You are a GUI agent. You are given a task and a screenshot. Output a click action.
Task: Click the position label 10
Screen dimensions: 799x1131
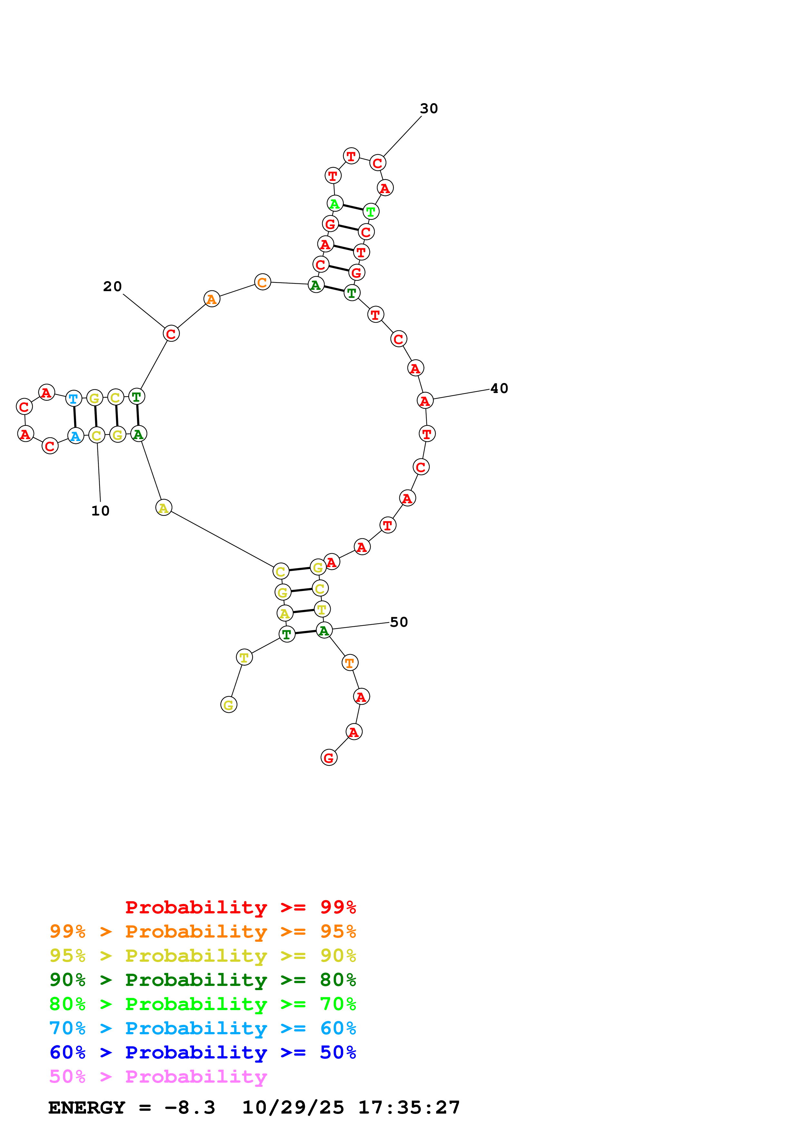click(x=101, y=511)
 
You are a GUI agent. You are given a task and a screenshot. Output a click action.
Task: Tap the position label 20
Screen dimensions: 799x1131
click(x=112, y=287)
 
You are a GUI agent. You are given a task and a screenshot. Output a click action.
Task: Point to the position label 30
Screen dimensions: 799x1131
click(x=429, y=108)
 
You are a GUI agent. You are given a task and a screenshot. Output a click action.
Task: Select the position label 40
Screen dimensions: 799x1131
click(x=499, y=388)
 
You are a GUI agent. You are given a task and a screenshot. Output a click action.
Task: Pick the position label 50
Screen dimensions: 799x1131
click(x=399, y=622)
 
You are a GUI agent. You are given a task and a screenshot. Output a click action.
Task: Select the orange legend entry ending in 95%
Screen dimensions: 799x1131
click(x=203, y=931)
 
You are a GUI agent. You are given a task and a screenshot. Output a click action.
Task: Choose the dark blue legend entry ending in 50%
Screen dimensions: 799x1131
click(x=203, y=1052)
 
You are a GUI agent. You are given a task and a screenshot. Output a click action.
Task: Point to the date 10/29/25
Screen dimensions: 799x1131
click(x=293, y=1108)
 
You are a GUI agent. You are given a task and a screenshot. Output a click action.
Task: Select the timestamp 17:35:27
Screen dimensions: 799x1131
click(x=409, y=1108)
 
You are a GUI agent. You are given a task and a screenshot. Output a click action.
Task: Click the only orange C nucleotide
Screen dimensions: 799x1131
click(x=262, y=282)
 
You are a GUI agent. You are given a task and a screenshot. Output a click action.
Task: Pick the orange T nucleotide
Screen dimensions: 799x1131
click(x=349, y=663)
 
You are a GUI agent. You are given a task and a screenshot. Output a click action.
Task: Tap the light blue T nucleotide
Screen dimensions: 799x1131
click(x=74, y=398)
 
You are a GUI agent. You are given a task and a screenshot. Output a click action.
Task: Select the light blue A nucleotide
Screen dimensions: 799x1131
click(x=75, y=436)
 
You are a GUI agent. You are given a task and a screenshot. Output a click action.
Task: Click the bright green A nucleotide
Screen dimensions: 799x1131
click(x=335, y=203)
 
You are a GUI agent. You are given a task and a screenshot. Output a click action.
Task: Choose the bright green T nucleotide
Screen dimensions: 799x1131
click(x=371, y=212)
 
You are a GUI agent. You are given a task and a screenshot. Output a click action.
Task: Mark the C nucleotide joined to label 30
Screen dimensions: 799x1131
click(x=378, y=163)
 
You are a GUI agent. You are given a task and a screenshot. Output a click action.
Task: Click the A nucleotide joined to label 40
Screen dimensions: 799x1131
click(x=425, y=401)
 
